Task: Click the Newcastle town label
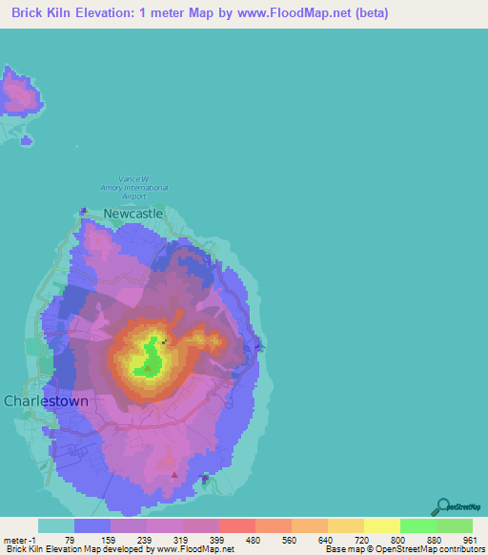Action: click(133, 215)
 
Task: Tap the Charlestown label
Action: click(47, 401)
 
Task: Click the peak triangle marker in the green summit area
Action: click(148, 366)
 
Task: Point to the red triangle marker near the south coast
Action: click(173, 474)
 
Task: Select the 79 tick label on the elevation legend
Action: click(67, 540)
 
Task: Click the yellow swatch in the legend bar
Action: click(382, 525)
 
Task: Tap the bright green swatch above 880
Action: click(418, 525)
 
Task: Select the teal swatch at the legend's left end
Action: click(56, 525)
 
